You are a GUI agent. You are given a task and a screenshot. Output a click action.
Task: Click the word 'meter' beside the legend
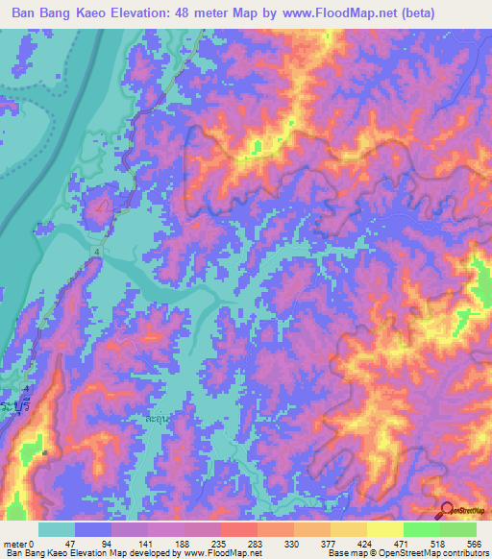click(x=15, y=544)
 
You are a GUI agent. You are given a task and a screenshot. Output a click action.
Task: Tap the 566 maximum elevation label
click(x=474, y=544)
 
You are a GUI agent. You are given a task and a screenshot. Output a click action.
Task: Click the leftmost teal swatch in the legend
click(x=57, y=529)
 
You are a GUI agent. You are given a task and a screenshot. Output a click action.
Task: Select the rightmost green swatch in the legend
click(x=457, y=529)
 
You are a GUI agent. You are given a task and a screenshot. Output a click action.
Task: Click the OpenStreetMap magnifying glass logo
click(x=448, y=508)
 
